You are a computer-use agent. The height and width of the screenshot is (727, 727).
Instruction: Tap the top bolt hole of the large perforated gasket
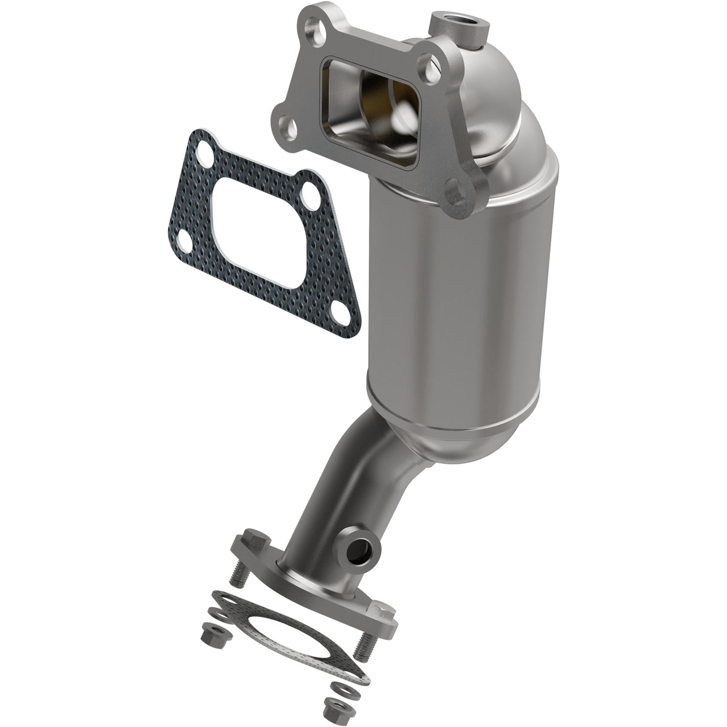203,149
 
